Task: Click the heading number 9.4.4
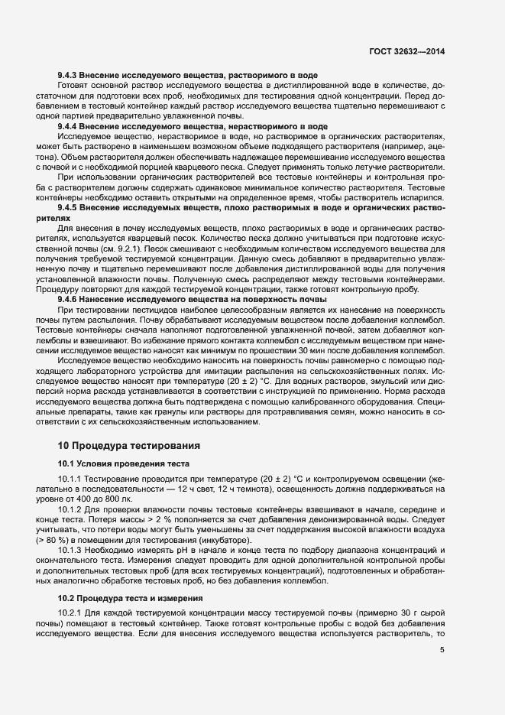(70, 125)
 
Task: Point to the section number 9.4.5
(70, 207)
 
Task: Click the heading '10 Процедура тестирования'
(129, 444)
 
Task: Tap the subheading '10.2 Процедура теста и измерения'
(130, 598)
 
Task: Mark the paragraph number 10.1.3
(72, 551)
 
